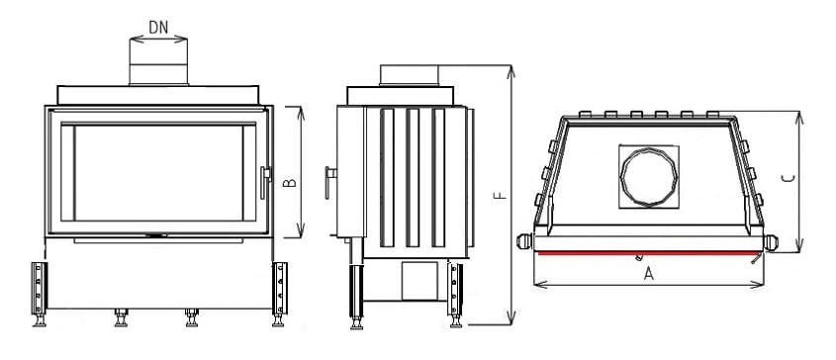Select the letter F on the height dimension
click(x=501, y=197)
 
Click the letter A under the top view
click(x=650, y=275)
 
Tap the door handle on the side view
click(x=328, y=180)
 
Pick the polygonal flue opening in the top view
click(x=648, y=177)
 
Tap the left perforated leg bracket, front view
click(x=41, y=286)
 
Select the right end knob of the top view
click(x=772, y=240)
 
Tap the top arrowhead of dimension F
click(x=512, y=69)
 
